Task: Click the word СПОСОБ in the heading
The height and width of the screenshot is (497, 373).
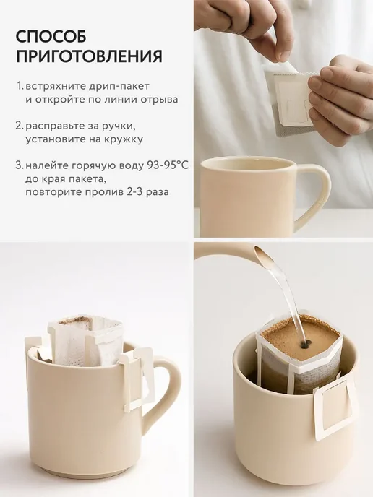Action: pyautogui.click(x=51, y=36)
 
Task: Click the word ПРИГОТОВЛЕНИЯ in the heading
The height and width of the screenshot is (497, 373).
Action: pyautogui.click(x=89, y=56)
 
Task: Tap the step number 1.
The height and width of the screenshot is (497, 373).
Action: pyautogui.click(x=20, y=86)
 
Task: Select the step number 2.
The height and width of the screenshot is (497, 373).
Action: pyautogui.click(x=20, y=126)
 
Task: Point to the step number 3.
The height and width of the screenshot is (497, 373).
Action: pyautogui.click(x=20, y=165)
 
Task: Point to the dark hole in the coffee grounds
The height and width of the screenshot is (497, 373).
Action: pyautogui.click(x=306, y=343)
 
